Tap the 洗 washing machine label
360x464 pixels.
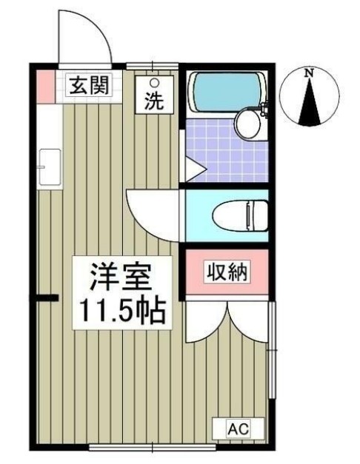click(154, 101)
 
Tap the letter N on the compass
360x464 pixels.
click(310, 73)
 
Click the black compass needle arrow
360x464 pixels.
click(310, 104)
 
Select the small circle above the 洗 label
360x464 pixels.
click(154, 82)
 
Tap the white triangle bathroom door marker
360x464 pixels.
click(193, 170)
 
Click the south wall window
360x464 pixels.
click(152, 447)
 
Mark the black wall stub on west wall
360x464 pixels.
click(46, 299)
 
